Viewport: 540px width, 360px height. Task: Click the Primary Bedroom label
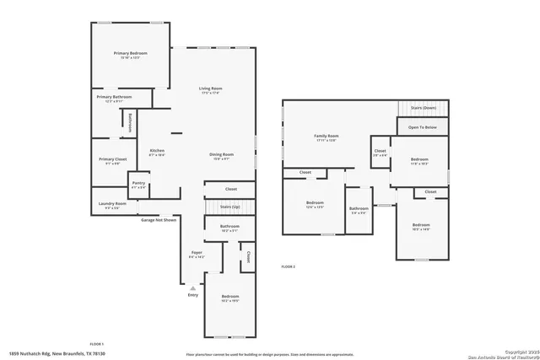[131, 54]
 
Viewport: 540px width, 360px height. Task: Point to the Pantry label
[138, 184]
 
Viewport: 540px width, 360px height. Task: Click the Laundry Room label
[111, 204]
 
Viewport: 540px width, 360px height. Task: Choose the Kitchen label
[157, 151]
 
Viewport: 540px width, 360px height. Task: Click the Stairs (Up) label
[229, 207]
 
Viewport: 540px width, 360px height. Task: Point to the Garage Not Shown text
[158, 219]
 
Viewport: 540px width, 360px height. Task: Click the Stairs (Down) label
[423, 109]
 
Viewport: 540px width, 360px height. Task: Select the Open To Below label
[423, 127]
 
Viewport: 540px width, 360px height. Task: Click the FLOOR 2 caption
[289, 266]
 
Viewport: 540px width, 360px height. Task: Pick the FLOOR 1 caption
[97, 344]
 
